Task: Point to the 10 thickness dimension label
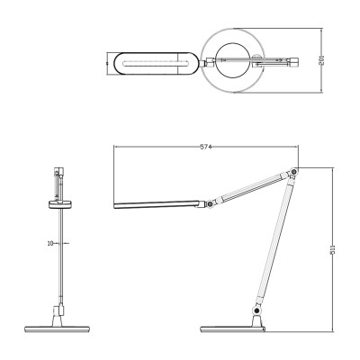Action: [x=50, y=243]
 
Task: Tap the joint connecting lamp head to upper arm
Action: [x=209, y=204]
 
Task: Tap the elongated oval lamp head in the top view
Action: [x=152, y=63]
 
